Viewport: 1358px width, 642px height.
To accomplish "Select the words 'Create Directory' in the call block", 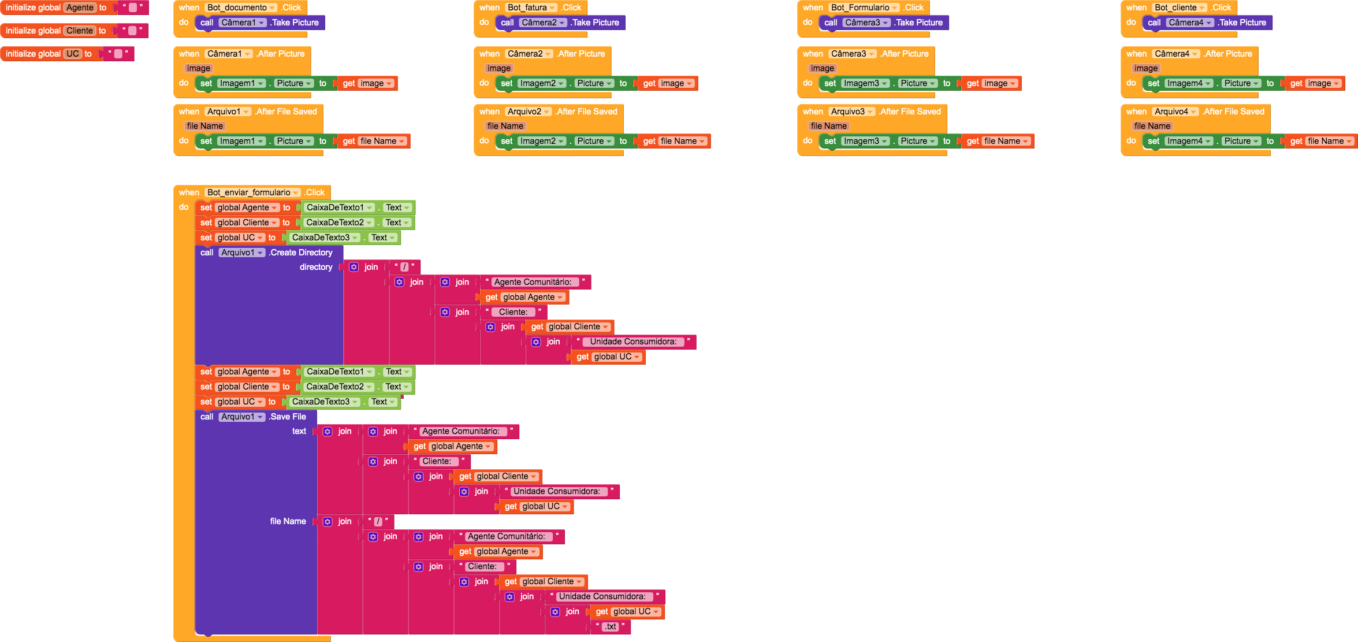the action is coord(302,253).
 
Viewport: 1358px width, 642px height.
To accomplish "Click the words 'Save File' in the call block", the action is coord(288,417).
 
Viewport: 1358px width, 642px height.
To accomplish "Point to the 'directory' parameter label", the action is coord(316,267).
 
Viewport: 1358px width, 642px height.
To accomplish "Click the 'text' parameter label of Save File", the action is coord(299,431).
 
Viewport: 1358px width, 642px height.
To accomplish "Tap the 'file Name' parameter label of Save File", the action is coord(288,521).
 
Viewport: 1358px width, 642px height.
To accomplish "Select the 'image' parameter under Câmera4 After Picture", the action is coord(1146,68).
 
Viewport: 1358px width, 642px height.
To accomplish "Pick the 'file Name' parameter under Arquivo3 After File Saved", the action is coord(829,126).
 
